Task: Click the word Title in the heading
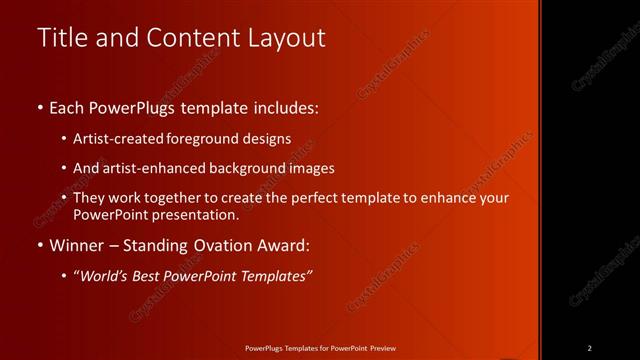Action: click(x=61, y=38)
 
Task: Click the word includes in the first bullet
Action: click(x=287, y=107)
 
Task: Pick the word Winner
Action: click(x=78, y=245)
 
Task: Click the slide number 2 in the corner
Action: click(x=589, y=348)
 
